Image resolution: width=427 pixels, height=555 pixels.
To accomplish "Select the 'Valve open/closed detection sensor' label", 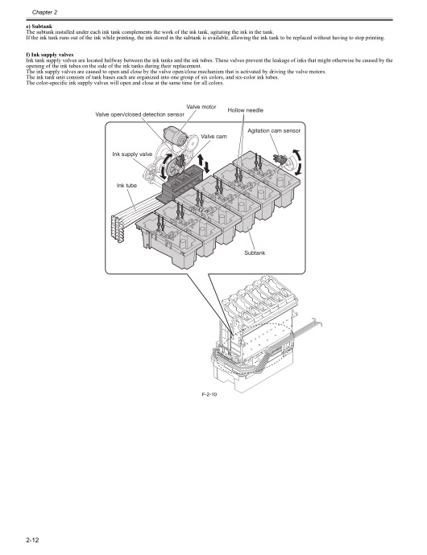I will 139,115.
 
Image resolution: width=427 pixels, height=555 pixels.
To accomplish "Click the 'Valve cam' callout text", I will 214,137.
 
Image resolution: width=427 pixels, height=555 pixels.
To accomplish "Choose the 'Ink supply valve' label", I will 132,154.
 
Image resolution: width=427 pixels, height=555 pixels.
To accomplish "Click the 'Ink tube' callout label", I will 126,186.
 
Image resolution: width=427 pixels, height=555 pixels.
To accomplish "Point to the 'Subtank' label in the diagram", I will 254,253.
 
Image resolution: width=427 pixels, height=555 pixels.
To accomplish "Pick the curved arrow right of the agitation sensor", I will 300,161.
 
